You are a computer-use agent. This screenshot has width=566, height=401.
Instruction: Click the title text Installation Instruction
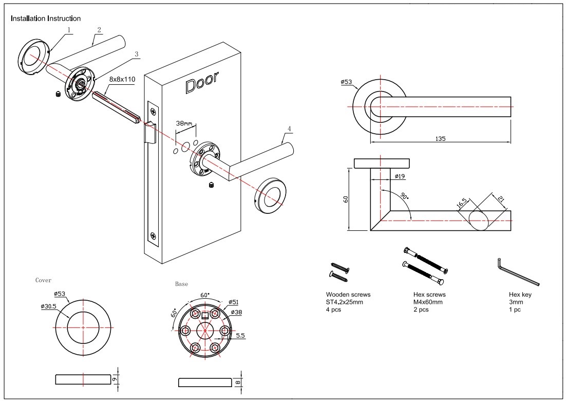46,19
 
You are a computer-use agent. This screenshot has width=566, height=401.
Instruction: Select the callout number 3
136,53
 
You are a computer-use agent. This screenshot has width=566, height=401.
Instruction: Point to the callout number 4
290,128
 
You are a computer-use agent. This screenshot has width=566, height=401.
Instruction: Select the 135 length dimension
440,138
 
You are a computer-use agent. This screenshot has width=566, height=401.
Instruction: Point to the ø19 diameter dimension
401,176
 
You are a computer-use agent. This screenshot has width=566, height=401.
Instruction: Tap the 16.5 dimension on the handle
461,205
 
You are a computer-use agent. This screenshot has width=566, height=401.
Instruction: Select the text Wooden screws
348,295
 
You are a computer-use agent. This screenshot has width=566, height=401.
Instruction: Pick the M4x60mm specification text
428,302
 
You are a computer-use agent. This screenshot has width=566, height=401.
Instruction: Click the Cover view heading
43,280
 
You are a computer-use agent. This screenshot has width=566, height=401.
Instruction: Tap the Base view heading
181,284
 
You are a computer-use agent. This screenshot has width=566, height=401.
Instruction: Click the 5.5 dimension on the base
240,335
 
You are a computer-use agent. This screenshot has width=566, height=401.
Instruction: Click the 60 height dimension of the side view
346,198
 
